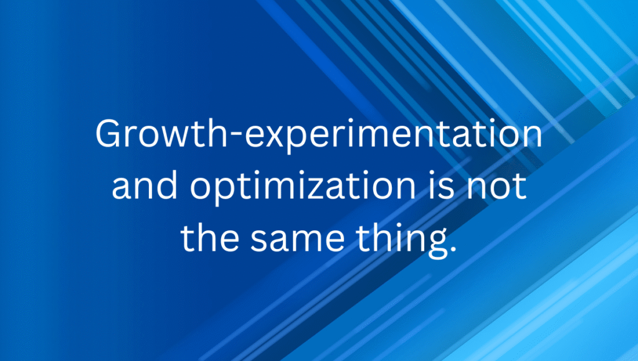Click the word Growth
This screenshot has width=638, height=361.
coord(161,133)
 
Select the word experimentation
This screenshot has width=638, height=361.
coord(394,136)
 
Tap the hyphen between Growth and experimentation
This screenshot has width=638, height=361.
coord(236,136)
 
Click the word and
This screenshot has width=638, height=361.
coord(145,185)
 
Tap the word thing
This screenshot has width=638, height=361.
coord(401,240)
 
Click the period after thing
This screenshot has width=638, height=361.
coord(452,248)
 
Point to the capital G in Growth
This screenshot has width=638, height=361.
coord(110,133)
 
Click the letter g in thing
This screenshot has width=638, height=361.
coord(436,243)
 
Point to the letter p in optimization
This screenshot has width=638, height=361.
coord(224,192)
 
